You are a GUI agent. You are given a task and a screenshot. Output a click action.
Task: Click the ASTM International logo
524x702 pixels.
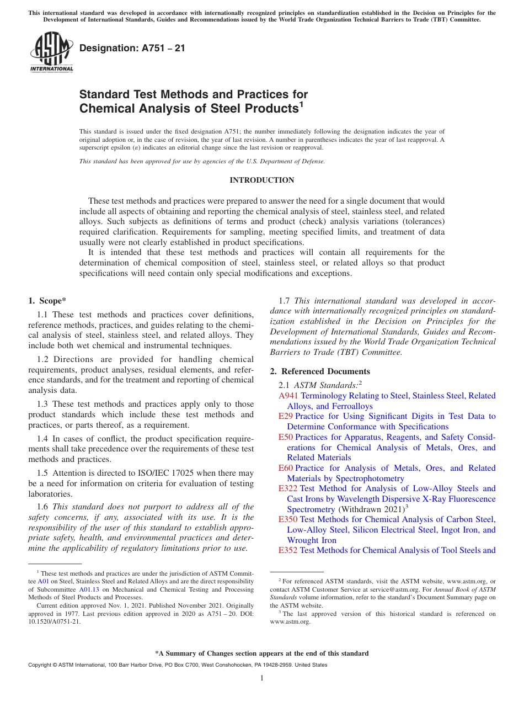51,52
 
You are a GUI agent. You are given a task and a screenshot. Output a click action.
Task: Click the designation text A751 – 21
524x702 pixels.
132,49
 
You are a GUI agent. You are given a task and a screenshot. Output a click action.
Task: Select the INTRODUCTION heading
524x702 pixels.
261,180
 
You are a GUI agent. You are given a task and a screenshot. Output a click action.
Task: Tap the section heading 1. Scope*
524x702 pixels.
47,301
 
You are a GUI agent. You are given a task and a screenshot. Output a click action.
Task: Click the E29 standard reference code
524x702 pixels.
286,416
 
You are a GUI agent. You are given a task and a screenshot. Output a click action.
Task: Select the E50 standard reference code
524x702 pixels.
286,437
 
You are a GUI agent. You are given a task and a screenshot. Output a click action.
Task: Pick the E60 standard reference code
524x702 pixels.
286,468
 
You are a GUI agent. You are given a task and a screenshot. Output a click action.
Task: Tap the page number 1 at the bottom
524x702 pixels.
262,678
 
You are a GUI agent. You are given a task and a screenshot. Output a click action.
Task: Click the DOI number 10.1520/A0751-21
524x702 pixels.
54,621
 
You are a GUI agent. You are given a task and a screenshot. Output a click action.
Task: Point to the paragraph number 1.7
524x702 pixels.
285,301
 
